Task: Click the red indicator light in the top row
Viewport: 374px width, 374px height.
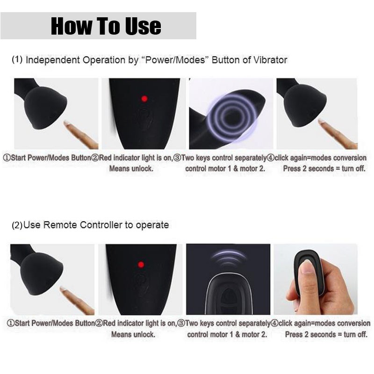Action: (144, 99)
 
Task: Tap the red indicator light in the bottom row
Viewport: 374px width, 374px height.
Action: (141, 265)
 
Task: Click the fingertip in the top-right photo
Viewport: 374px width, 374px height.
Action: (321, 122)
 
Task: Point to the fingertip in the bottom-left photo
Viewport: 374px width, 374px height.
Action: (64, 289)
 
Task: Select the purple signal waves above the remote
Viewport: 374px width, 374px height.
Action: (228, 258)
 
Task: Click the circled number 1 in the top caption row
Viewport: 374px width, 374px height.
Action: (7, 158)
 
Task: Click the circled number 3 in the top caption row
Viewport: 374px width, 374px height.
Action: (177, 158)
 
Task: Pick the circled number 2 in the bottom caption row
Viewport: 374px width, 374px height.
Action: (99, 324)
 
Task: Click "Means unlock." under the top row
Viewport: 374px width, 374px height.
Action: (131, 169)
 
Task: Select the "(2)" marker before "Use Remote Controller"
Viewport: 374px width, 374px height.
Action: (17, 225)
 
